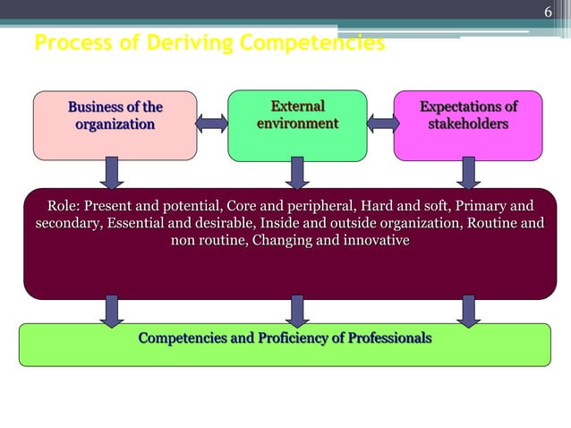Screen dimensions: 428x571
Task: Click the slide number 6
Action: [550, 13]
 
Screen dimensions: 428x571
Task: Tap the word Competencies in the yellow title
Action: [319, 42]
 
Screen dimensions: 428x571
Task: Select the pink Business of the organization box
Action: [115, 125]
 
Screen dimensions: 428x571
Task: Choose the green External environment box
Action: [297, 124]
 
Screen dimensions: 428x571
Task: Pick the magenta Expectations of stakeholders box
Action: [468, 124]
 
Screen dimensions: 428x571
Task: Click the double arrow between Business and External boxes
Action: [212, 123]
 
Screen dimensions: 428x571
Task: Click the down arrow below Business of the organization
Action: [112, 173]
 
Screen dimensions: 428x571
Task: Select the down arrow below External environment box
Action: [298, 173]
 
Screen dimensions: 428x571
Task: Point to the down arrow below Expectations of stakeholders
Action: [467, 173]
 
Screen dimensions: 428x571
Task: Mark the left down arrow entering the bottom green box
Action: [112, 311]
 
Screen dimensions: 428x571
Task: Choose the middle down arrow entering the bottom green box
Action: [298, 311]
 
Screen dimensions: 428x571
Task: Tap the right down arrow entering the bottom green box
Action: [467, 311]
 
